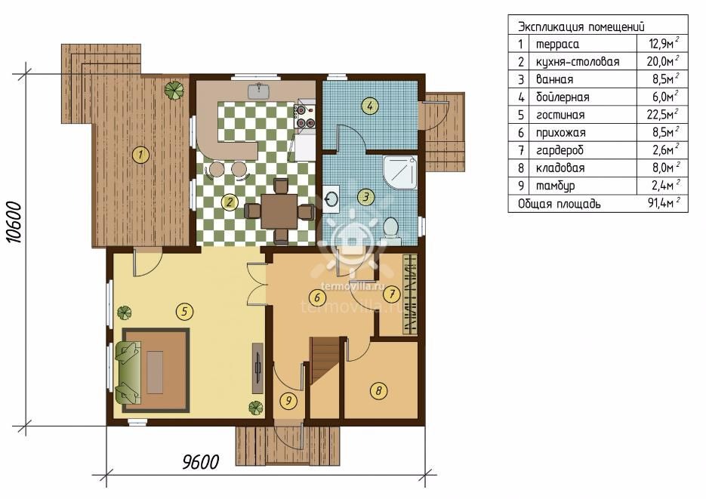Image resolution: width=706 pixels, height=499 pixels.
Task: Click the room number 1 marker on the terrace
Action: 141,156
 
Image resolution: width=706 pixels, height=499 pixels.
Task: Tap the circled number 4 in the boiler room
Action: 370,106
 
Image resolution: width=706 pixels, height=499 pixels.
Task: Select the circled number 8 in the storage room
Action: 378,390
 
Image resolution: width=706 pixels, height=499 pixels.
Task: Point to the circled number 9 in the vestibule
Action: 288,400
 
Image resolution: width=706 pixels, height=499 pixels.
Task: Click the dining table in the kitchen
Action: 279,211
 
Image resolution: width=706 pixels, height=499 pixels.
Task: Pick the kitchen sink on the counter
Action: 258,91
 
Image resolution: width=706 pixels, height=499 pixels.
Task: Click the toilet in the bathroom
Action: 391,229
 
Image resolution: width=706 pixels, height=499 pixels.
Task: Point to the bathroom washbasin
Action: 332,198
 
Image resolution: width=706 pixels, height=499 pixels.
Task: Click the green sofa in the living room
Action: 128,373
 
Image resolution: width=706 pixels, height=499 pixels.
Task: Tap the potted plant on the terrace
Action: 174,90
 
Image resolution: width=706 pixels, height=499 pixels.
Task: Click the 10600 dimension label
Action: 15,222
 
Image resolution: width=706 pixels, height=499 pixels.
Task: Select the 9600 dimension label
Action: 200,462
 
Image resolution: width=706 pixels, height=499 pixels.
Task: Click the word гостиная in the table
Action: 560,116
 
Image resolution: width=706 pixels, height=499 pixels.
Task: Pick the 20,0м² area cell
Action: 663,60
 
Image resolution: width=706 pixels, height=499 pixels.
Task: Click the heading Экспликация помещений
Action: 581,26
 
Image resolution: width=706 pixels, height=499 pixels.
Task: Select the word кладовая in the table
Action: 560,168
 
